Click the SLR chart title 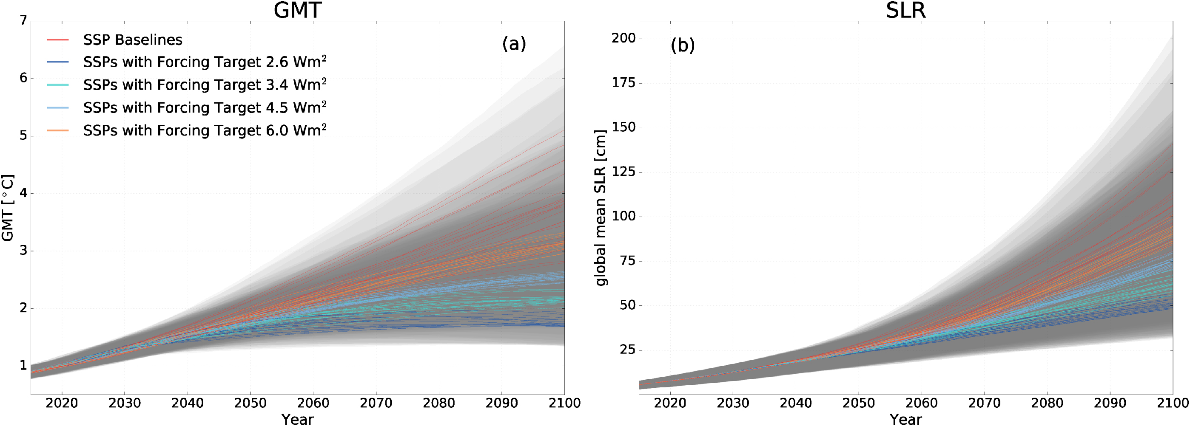[905, 10]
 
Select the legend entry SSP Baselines [133, 40]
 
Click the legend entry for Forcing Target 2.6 [205, 62]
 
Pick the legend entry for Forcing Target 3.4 [205, 85]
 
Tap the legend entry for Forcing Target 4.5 [205, 107]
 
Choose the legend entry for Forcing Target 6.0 [205, 131]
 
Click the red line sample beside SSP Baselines [58, 40]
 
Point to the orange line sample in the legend [58, 131]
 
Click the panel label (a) [514, 44]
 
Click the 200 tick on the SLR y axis [623, 38]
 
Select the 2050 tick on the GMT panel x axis [250, 403]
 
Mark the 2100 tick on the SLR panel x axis [1172, 403]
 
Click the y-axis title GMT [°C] [8, 208]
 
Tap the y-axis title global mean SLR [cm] [600, 208]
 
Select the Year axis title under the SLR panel [905, 419]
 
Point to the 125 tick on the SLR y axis [623, 172]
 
